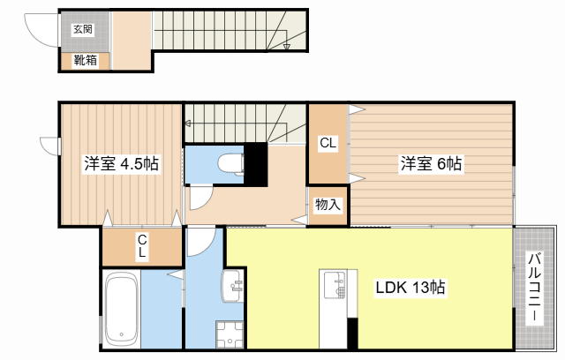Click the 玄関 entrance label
pos(83,29)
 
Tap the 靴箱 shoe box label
pos(86,60)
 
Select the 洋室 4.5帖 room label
pos(122,164)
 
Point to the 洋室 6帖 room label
pos(432,164)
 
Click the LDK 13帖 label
pos(410,288)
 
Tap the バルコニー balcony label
pos(535,287)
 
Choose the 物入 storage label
pos(328,205)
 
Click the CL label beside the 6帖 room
pos(328,143)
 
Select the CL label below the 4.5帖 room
pos(142,245)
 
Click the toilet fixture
pos(231,164)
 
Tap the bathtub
pos(122,310)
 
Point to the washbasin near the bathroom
pos(232,286)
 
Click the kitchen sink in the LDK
pos(335,285)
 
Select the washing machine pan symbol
pos(230,334)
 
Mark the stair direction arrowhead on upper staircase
pos(286,47)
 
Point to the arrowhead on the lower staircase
pos(187,124)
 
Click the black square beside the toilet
pos(256,164)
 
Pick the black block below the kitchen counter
pos(352,334)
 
